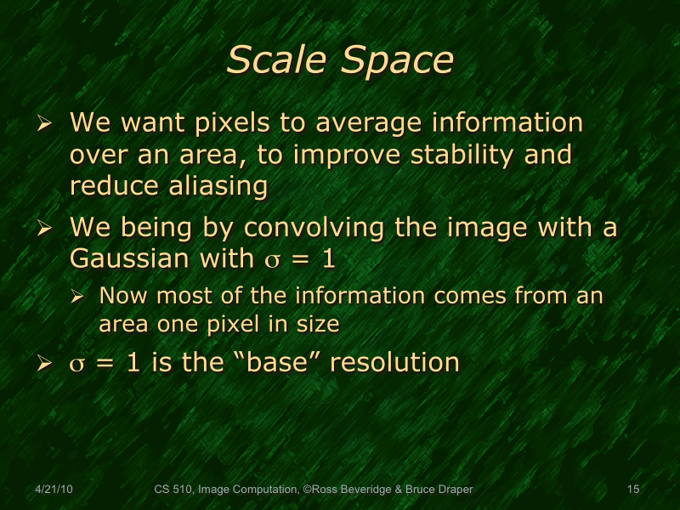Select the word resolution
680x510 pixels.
click(x=394, y=363)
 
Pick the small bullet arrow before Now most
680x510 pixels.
click(x=77, y=297)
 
